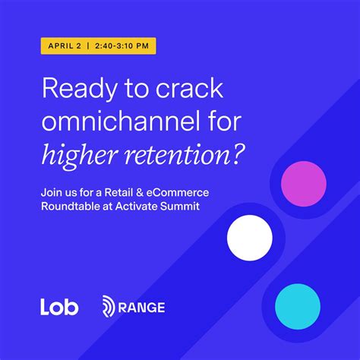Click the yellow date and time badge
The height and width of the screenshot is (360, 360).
[99, 46]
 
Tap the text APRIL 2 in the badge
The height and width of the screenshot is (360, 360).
[65, 46]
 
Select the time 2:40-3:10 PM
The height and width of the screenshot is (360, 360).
[123, 46]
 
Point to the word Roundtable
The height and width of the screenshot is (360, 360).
[71, 207]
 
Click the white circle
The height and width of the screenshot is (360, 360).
[249, 238]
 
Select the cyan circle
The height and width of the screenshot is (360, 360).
[297, 306]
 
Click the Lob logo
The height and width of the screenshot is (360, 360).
[59, 307]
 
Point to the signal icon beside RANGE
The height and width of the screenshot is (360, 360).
[109, 307]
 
